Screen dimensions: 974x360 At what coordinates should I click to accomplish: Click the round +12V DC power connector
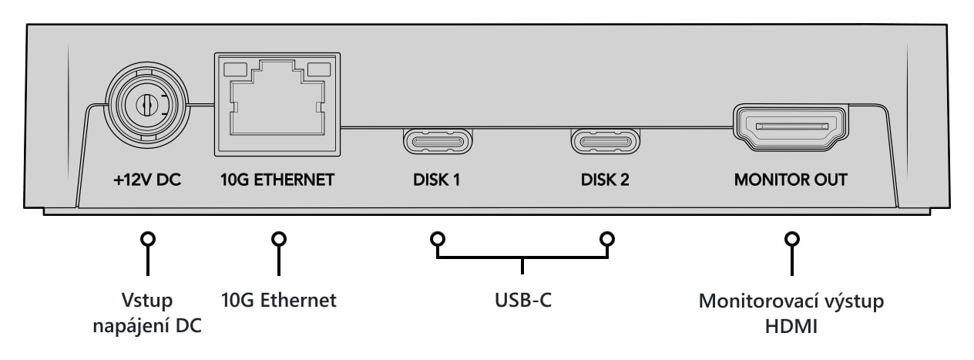pos(148,105)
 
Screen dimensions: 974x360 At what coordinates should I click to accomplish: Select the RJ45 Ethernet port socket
pos(277,104)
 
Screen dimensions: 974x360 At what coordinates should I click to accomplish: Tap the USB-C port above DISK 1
pos(438,141)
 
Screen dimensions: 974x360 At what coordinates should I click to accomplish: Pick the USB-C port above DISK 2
pos(605,141)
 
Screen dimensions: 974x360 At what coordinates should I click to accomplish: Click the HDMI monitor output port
pos(791,127)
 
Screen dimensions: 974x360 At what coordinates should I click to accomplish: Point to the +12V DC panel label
pos(147,180)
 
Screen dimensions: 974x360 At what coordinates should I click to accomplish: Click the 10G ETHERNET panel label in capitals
pos(277,180)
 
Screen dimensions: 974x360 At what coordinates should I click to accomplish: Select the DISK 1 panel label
pos(437,180)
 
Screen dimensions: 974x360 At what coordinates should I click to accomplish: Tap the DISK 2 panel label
pos(605,180)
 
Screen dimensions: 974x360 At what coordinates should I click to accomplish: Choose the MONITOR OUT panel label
pos(791,180)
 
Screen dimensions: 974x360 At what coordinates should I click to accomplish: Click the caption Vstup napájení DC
pos(147,313)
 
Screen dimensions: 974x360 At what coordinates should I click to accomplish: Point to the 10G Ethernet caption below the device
pos(279,300)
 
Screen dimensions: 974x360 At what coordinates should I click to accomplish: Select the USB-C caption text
pos(523,300)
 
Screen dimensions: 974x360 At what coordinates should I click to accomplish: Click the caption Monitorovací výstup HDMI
pos(791,314)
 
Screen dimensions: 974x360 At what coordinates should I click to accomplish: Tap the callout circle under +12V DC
pos(148,239)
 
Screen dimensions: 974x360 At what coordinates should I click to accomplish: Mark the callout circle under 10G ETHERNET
pos(279,239)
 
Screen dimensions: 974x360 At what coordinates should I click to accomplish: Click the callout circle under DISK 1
pos(438,239)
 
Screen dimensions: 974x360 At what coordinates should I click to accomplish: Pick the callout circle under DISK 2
pos(607,239)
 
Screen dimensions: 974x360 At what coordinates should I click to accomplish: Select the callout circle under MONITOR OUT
pos(792,239)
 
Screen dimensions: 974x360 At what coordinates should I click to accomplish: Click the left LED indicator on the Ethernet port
pos(235,69)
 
